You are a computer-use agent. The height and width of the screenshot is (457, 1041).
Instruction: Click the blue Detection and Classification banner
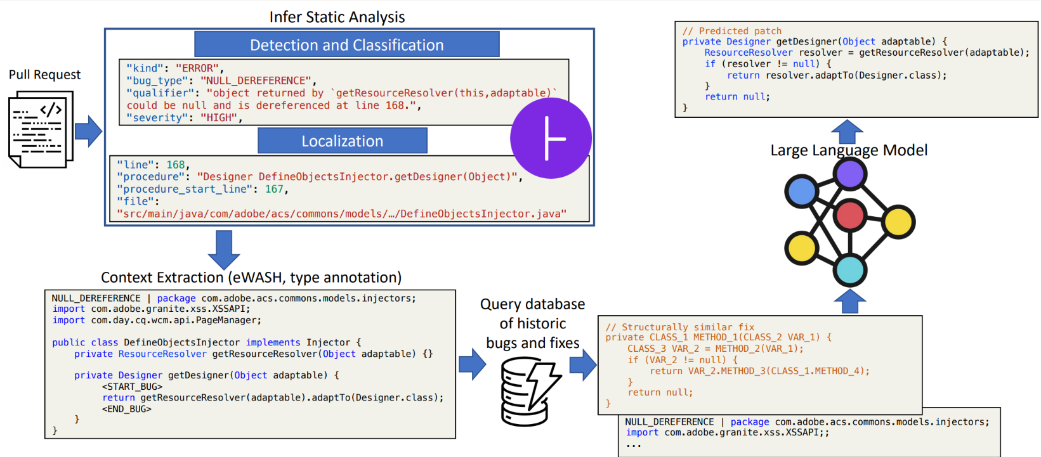pyautogui.click(x=347, y=45)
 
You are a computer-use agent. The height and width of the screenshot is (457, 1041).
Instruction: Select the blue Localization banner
pyautogui.click(x=343, y=141)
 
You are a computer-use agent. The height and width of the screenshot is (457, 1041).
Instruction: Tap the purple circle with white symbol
pyautogui.click(x=551, y=138)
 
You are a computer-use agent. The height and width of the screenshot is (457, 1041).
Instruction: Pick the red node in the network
pyautogui.click(x=849, y=216)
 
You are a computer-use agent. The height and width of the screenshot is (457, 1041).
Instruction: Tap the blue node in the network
pyautogui.click(x=802, y=191)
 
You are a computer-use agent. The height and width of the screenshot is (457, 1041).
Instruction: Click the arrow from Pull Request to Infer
pyautogui.click(x=88, y=131)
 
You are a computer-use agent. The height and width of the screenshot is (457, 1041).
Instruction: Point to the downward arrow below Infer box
pyautogui.click(x=223, y=249)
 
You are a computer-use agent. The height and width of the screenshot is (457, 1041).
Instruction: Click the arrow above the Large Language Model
pyautogui.click(x=847, y=132)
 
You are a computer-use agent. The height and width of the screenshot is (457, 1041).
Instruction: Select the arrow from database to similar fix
pyautogui.click(x=582, y=364)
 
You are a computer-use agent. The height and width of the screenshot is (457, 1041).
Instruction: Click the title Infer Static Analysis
pyautogui.click(x=337, y=17)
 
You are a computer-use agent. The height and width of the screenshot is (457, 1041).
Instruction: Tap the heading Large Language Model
pyautogui.click(x=848, y=150)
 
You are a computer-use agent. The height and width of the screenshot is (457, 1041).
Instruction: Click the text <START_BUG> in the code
pyautogui.click(x=133, y=387)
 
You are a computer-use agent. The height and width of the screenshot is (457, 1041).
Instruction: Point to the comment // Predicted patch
pyautogui.click(x=732, y=31)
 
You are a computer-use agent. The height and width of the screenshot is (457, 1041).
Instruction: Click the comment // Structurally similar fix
pyautogui.click(x=679, y=327)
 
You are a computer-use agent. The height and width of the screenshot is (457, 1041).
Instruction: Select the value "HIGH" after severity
pyautogui.click(x=219, y=118)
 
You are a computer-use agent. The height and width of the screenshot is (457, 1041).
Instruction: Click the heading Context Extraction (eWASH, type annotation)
pyautogui.click(x=251, y=278)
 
